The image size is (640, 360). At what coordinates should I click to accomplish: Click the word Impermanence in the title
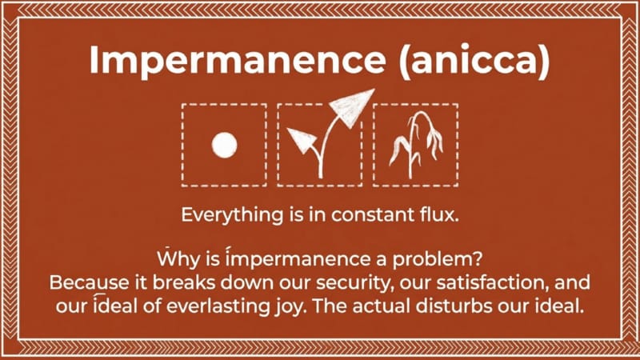tap(238, 59)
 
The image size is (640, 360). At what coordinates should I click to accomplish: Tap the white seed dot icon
tap(225, 146)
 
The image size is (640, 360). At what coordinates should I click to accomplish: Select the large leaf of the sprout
tap(351, 107)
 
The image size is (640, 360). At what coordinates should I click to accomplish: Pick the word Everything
tap(232, 215)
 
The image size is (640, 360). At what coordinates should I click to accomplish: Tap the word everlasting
tap(218, 306)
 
